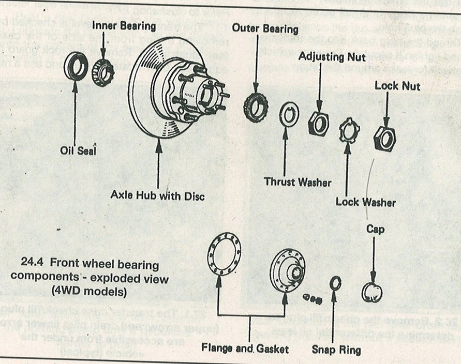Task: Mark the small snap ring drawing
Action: pyautogui.click(x=335, y=284)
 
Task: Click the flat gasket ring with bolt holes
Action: pyautogui.click(x=224, y=256)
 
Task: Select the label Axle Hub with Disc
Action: pyautogui.click(x=158, y=196)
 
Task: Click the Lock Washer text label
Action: pyautogui.click(x=365, y=202)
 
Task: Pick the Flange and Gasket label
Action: pyautogui.click(x=245, y=348)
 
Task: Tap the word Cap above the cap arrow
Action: pyautogui.click(x=375, y=228)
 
